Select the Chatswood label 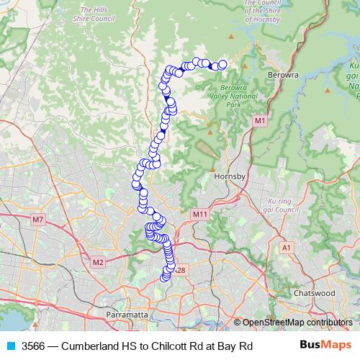coord(315,294)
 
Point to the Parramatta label coord(127,315)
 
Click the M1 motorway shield coord(259,122)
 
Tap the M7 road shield coord(38,219)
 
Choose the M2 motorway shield coord(98,262)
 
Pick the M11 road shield coord(199,215)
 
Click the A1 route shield coord(287,248)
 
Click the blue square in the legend coord(11,346)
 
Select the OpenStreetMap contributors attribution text coord(297,322)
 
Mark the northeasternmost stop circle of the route coord(222,64)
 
